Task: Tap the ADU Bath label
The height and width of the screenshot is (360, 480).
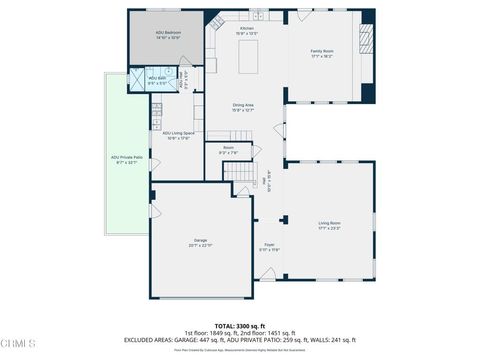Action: [x=157, y=79]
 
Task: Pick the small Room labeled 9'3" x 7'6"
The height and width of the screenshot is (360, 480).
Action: [x=228, y=151]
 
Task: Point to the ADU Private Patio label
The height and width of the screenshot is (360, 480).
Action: [x=125, y=157]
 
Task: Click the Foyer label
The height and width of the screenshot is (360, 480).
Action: [x=269, y=245]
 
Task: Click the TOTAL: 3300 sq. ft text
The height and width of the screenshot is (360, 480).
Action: [x=239, y=326]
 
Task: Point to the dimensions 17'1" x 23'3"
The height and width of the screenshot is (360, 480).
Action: [x=330, y=229]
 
